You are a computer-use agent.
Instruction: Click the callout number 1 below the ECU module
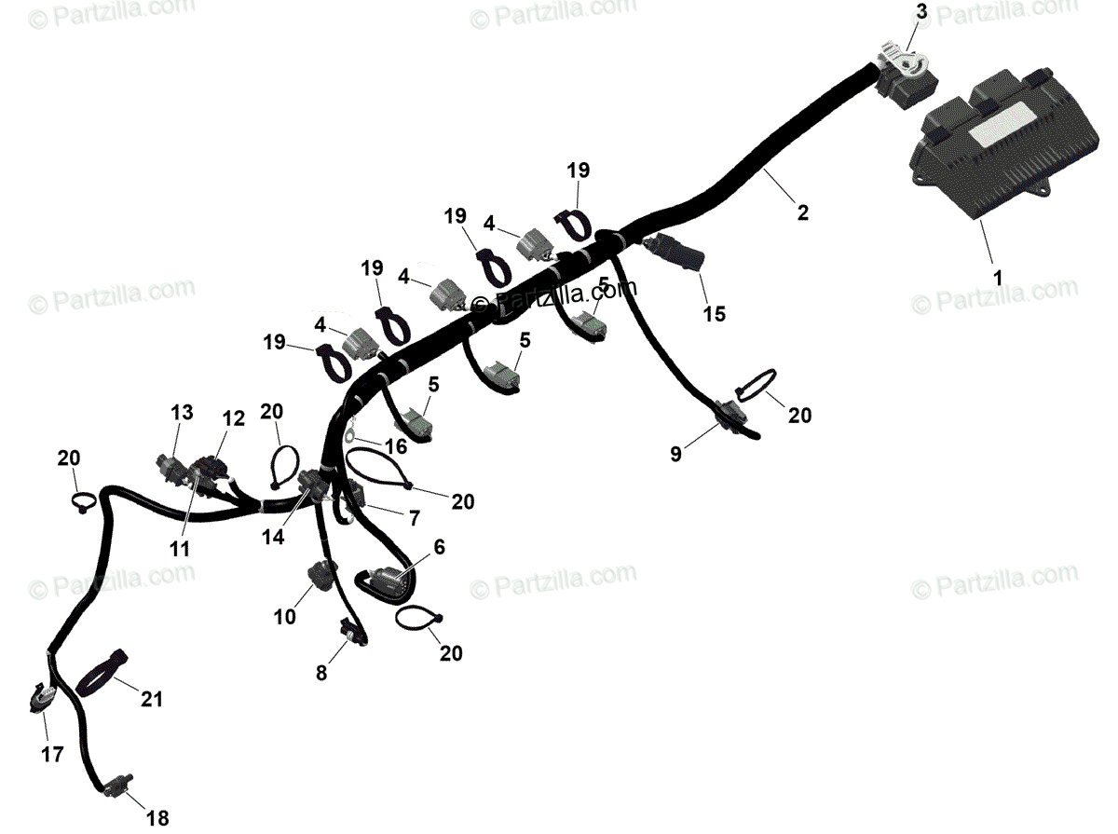tap(997, 278)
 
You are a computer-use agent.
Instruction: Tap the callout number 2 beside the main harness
tap(803, 212)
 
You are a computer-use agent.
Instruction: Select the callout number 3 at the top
tap(921, 12)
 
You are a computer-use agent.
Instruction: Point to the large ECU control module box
tap(978, 154)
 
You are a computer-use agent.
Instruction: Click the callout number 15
tap(714, 314)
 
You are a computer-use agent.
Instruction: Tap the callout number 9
tap(675, 454)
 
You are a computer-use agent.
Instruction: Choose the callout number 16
tap(396, 446)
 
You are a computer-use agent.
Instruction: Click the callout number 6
tap(439, 548)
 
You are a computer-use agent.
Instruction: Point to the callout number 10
tap(285, 616)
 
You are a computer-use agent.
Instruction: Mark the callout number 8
tap(321, 672)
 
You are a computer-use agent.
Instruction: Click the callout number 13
tap(182, 411)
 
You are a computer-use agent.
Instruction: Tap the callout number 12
tap(233, 419)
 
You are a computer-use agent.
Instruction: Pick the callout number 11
tap(180, 550)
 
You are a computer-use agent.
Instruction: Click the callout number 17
tap(53, 754)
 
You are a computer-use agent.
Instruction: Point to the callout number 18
tap(157, 819)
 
